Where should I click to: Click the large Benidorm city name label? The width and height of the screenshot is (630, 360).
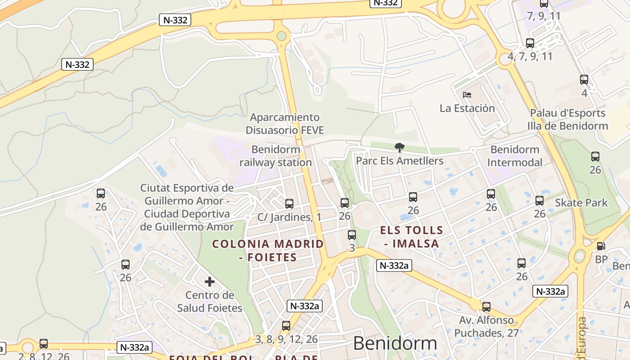tap(395, 343)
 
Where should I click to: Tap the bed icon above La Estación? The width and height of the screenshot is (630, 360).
tap(467, 95)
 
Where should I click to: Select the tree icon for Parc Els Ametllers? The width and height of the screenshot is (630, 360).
tap(399, 147)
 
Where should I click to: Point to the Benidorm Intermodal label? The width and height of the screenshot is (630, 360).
tap(515, 156)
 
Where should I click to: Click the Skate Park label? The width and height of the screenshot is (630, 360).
tap(581, 202)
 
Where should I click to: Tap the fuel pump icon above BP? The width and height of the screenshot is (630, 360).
tap(601, 246)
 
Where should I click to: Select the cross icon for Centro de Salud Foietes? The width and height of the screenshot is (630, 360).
tap(210, 282)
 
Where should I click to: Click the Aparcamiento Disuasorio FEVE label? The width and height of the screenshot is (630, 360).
tap(285, 124)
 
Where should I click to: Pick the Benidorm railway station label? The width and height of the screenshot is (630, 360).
tap(275, 156)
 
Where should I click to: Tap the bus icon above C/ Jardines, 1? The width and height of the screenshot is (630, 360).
tap(289, 203)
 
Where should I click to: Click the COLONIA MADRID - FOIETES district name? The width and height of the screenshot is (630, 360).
tap(268, 251)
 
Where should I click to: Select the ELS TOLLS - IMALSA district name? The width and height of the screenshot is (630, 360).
tap(411, 237)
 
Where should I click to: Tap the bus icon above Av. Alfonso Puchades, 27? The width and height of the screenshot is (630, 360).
tap(486, 307)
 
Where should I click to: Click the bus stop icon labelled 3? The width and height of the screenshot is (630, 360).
tap(352, 234)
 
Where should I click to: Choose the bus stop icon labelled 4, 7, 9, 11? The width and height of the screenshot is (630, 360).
tap(530, 43)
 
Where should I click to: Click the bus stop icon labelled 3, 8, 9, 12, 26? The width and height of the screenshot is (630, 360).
tap(286, 326)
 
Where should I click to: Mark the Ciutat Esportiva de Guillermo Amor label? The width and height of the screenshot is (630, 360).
tap(187, 207)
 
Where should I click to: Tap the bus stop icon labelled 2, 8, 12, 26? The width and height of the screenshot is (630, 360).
tap(44, 344)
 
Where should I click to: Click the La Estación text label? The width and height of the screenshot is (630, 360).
tap(467, 108)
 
